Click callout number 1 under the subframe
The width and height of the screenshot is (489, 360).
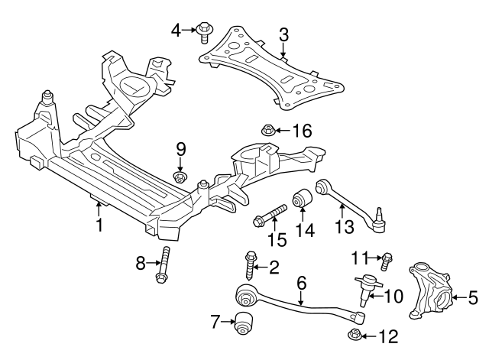point(99,225)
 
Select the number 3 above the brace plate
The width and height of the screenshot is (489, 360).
point(283,34)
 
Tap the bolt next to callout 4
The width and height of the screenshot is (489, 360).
point(203,31)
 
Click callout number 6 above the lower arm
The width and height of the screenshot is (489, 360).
point(301,283)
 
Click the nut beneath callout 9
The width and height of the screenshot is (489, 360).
point(180,179)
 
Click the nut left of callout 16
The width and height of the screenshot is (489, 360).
point(269,131)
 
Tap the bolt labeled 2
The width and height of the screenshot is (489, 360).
point(250,263)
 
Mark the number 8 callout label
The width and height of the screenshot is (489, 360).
point(141,264)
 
